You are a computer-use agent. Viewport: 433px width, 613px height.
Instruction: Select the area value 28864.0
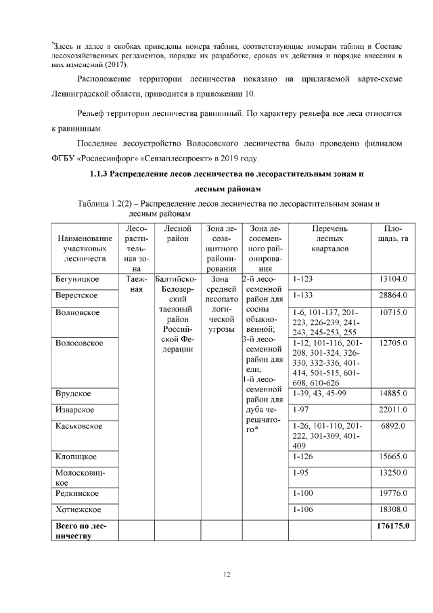393,295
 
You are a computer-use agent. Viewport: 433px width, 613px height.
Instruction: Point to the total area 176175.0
392,525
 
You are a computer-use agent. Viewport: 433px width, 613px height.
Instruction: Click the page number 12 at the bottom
227,575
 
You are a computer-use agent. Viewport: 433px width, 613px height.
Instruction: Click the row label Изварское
74,409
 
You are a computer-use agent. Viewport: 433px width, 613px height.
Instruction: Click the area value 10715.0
393,312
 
